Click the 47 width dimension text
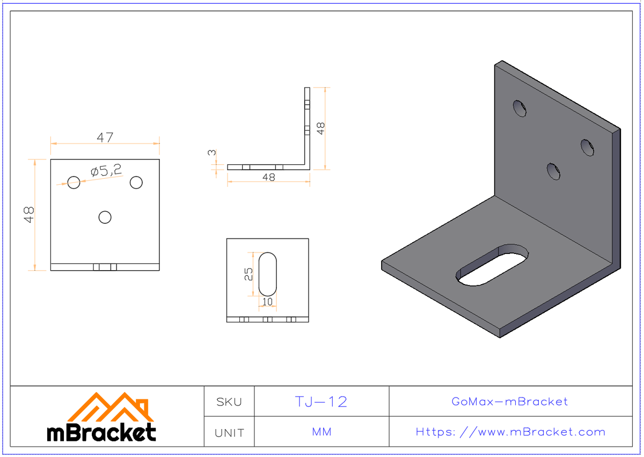pos(105,137)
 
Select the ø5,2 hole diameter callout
pos(106,171)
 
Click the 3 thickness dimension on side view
pos(213,153)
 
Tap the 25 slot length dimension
pos(248,274)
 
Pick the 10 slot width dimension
pos(267,302)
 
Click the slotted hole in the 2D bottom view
pos(268,273)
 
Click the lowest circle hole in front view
pos(105,217)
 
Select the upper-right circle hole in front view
pos(136,183)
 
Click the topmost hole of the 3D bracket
pos(519,108)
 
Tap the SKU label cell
pos(229,402)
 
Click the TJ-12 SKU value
pos(321,402)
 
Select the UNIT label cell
pos(229,432)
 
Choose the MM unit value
pos(321,432)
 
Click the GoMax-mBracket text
pos(510,402)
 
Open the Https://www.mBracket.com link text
pos(510,432)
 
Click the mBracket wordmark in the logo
pos(102,432)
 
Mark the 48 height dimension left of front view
pos(30,215)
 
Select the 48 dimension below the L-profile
pos(268,177)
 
